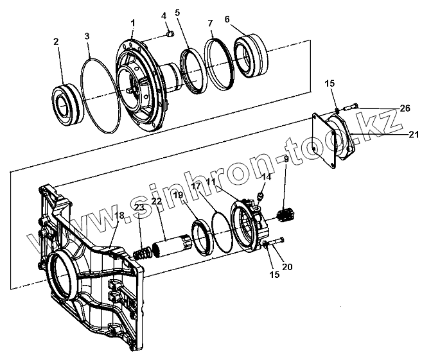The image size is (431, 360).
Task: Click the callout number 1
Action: point(132,22)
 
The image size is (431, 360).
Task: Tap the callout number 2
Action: point(57,41)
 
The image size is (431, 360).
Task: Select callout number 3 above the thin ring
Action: point(88,36)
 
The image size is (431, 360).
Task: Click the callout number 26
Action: point(404,108)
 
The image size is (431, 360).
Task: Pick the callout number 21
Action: point(414,134)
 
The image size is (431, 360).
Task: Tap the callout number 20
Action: point(287,267)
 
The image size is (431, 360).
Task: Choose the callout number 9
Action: point(286,159)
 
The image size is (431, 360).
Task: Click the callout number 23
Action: point(138,207)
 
